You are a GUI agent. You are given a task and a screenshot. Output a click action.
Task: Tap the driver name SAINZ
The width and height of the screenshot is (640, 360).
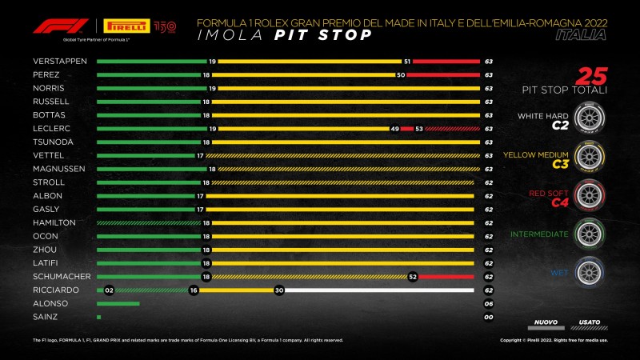[x=44, y=318]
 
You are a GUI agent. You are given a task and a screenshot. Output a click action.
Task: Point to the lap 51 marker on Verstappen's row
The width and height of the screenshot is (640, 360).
[x=407, y=61]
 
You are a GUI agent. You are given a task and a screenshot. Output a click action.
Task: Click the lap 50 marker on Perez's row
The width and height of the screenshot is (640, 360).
[x=400, y=74]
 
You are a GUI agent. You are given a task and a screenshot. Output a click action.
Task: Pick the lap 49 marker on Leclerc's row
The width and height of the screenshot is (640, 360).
[x=395, y=129]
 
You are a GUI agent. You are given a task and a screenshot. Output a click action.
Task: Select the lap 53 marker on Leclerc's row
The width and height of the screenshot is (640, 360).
[x=418, y=129]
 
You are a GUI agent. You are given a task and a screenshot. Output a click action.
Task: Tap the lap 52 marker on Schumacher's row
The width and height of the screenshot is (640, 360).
[x=413, y=277]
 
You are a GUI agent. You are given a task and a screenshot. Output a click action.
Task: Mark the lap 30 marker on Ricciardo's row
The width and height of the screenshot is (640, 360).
[x=279, y=290]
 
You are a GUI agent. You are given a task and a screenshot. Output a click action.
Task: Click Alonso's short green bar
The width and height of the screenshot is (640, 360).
[x=118, y=304]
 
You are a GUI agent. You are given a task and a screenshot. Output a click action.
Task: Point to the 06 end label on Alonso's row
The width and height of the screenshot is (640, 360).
[x=488, y=304]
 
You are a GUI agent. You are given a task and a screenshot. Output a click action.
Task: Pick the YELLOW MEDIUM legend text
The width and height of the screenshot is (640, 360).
[x=535, y=154]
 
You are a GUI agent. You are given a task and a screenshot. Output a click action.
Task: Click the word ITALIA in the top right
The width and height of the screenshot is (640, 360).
[x=582, y=37]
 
